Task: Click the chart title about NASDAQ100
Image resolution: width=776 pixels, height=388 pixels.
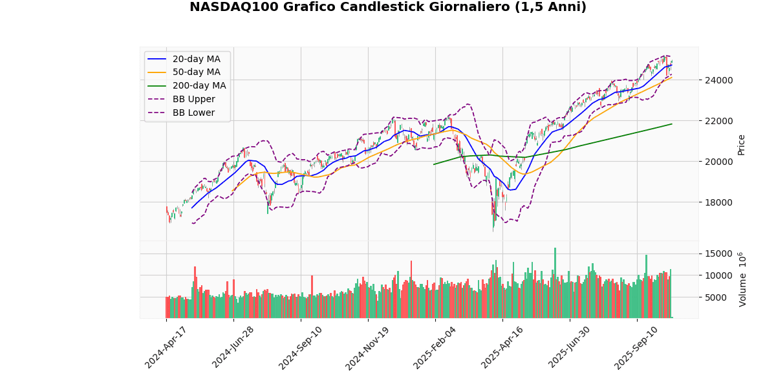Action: click(388, 7)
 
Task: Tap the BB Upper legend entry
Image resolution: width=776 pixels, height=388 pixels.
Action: click(193, 100)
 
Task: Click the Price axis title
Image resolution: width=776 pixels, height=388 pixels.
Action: click(742, 144)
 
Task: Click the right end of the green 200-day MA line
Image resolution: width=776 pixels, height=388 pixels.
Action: click(672, 124)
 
